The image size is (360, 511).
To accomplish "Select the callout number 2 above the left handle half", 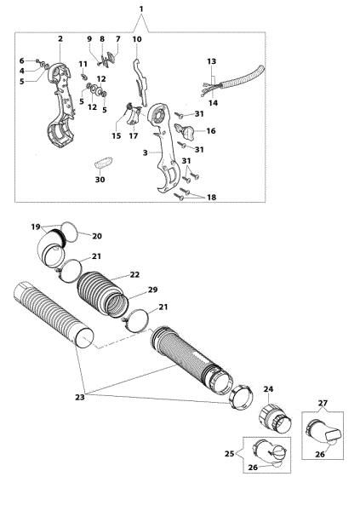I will point(60,39).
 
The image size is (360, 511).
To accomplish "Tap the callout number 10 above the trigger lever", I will point(137,39).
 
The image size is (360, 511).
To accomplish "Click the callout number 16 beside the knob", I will point(210,131).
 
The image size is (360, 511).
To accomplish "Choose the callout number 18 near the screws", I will point(211,197).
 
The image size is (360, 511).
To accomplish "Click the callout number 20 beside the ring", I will point(96,236).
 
